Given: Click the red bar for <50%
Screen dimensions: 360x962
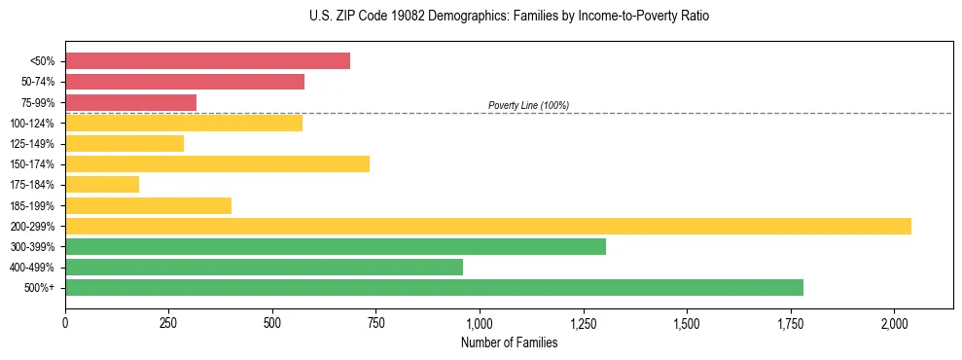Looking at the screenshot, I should click(x=207, y=61).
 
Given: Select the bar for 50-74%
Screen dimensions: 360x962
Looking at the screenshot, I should click(x=185, y=82).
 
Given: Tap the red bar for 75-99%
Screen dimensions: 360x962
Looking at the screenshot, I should click(x=130, y=102).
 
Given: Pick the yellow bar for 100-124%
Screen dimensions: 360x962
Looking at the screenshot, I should click(x=184, y=123).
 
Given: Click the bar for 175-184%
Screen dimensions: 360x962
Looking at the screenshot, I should click(x=102, y=185).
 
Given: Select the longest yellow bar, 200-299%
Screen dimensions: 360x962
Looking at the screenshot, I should click(x=488, y=226).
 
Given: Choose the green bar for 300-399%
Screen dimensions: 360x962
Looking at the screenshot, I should click(x=336, y=246).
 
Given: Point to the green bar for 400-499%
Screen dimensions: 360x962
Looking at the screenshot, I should click(x=264, y=267).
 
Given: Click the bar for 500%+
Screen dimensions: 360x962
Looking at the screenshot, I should click(x=434, y=287).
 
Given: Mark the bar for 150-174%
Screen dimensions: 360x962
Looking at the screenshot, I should click(x=217, y=163).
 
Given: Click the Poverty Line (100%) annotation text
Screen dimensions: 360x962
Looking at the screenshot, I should click(x=528, y=105).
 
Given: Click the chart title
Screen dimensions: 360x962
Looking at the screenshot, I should click(x=481, y=17).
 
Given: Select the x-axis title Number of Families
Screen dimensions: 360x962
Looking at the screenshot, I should click(x=510, y=342).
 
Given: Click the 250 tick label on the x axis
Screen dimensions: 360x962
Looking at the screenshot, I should click(x=169, y=322).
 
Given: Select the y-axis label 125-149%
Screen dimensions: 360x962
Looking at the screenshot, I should click(x=32, y=144).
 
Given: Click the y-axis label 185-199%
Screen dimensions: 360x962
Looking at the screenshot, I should click(x=32, y=205).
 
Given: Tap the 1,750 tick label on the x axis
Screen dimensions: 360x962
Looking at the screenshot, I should click(x=791, y=322).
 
